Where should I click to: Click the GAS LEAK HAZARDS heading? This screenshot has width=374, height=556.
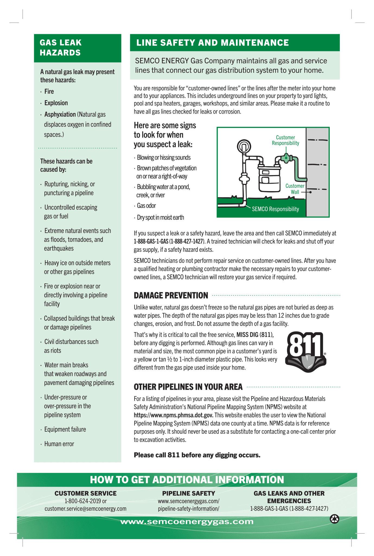click(60, 48)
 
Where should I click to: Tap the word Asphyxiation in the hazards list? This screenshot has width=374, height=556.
click(60, 114)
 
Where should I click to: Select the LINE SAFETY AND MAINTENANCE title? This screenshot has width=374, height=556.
click(212, 43)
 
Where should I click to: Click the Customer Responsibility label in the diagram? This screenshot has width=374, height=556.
click(285, 140)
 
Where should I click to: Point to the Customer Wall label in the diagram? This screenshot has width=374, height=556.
click(295, 189)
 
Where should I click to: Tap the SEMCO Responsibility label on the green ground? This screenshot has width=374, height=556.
click(275, 209)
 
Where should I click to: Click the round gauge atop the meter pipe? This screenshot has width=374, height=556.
click(244, 147)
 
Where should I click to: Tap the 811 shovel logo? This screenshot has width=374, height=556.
click(306, 352)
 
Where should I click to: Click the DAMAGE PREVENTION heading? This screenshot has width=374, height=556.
click(171, 295)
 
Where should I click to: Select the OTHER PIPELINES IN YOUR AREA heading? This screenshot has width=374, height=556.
click(188, 387)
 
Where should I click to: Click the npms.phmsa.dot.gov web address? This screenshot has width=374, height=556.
click(174, 415)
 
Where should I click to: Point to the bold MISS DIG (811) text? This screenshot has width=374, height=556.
click(255, 335)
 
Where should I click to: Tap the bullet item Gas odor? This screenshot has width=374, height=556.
click(146, 206)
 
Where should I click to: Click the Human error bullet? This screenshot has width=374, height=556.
click(59, 444)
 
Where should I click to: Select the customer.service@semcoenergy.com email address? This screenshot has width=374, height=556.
click(85, 508)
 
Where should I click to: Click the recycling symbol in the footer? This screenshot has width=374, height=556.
click(334, 519)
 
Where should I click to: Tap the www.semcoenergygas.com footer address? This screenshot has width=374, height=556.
click(187, 522)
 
